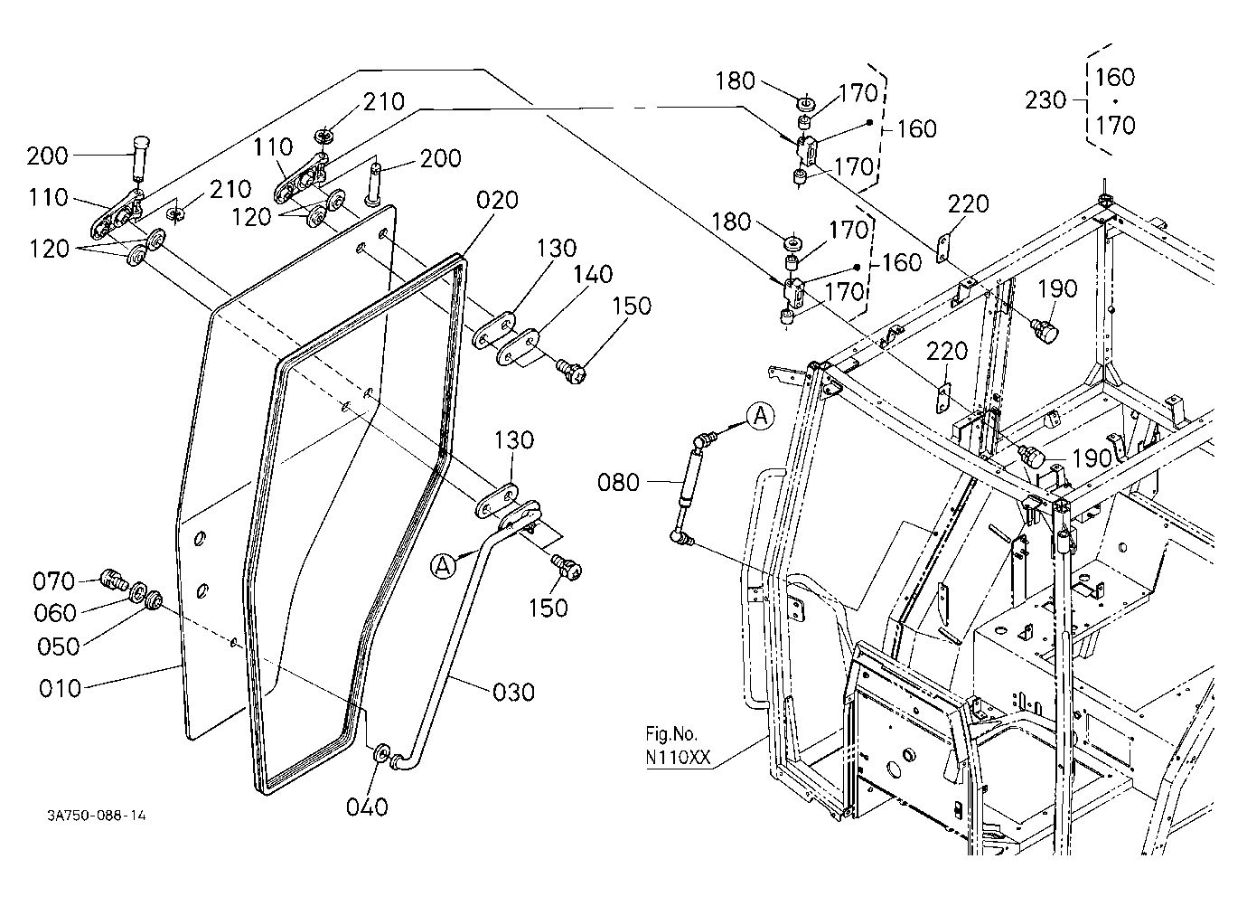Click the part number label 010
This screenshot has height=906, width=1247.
click(x=61, y=689)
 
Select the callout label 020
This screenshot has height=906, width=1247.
click(x=497, y=200)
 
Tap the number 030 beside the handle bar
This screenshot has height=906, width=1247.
click(x=513, y=693)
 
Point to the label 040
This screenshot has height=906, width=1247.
click(x=367, y=807)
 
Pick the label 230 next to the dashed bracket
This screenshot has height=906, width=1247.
click(x=1045, y=101)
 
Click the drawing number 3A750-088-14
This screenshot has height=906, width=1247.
click(x=97, y=816)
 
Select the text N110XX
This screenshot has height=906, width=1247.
click(x=678, y=759)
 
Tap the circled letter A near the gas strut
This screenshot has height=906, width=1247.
click(x=761, y=416)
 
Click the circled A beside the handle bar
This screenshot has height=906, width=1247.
click(x=443, y=566)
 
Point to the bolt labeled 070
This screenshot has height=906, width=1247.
click(x=114, y=580)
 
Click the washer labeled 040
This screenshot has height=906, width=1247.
click(x=382, y=754)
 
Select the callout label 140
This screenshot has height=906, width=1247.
click(x=593, y=275)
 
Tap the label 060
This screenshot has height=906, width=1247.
click(x=54, y=613)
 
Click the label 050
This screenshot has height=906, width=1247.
click(x=59, y=647)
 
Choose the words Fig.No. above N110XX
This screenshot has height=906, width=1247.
click(x=671, y=734)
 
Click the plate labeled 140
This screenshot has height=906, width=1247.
click(x=517, y=346)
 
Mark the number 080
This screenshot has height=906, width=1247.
click(x=618, y=483)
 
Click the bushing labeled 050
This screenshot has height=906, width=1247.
click(x=153, y=600)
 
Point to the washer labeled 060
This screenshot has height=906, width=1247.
click(x=137, y=591)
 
